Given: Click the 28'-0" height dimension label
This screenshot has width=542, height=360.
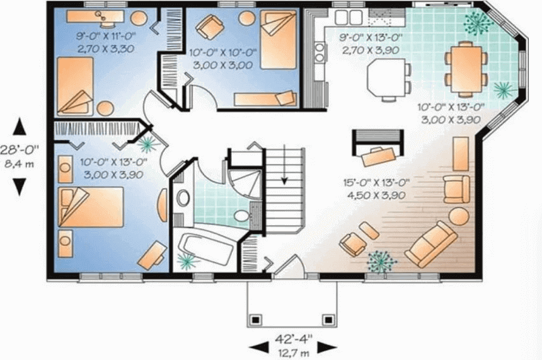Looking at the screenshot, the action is [x=19, y=150].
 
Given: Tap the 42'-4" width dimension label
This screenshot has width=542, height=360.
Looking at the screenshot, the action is [x=294, y=339].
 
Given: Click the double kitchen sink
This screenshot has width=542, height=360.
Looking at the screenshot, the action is [x=349, y=17].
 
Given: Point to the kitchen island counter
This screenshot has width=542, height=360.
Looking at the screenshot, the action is [x=386, y=78].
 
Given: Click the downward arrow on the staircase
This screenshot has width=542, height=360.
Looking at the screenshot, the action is [x=284, y=165].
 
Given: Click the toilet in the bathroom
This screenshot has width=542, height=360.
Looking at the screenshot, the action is [x=243, y=216].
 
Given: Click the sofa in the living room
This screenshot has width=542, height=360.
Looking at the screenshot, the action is [x=431, y=244].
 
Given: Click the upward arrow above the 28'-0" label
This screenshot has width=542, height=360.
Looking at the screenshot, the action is [x=20, y=127].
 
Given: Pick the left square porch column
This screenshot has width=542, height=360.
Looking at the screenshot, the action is [x=255, y=320].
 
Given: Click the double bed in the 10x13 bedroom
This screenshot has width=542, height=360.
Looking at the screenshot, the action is [x=91, y=207].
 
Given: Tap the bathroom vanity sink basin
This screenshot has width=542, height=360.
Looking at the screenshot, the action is [x=183, y=198].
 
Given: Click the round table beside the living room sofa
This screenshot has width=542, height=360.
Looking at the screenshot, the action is [x=459, y=217].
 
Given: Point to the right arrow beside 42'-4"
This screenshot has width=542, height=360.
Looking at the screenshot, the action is [x=327, y=347].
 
